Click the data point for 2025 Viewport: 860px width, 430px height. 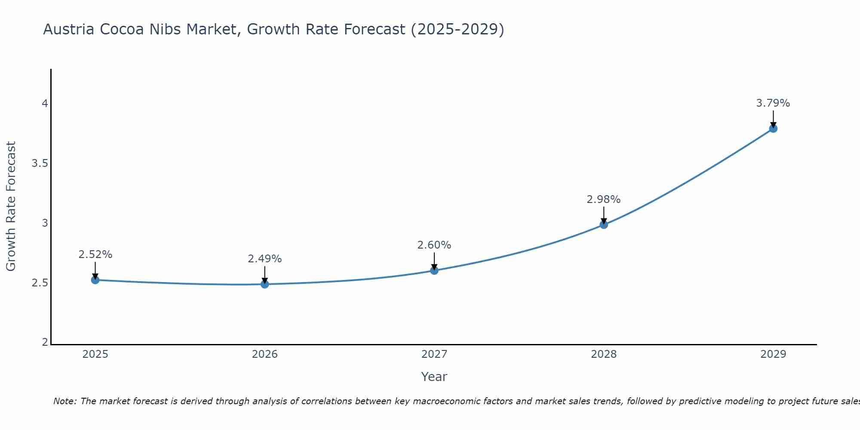tap(95, 280)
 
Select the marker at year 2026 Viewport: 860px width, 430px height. tap(264, 284)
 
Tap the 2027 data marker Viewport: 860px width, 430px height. tap(434, 270)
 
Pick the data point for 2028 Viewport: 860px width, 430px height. tap(603, 224)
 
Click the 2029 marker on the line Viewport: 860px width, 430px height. tap(773, 128)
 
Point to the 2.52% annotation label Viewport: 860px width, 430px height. tap(95, 255)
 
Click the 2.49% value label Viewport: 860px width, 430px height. tap(264, 259)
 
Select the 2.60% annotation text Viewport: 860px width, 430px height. tap(434, 245)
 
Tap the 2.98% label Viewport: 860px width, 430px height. tap(603, 200)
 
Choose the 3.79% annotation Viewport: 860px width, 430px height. tap(773, 103)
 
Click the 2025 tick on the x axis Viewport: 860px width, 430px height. tap(95, 354)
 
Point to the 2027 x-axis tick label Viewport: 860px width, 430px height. tap(434, 354)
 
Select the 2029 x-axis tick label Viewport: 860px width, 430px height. tap(773, 354)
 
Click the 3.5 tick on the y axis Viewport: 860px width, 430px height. tap(40, 163)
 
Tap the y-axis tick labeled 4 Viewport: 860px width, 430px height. tap(45, 104)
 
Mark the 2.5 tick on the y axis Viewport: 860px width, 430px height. tap(40, 283)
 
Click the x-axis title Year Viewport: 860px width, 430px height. tap(434, 377)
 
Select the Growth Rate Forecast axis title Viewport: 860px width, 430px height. tap(11, 206)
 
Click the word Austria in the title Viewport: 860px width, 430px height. tap(69, 29)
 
